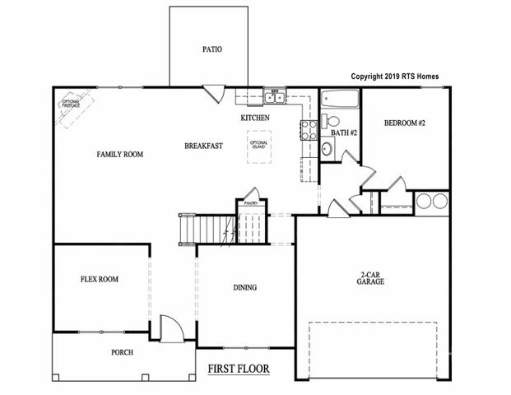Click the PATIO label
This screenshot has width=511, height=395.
(211, 49)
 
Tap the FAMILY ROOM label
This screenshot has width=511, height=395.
(121, 154)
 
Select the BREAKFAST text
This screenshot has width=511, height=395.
(203, 146)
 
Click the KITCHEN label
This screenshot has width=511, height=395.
(255, 118)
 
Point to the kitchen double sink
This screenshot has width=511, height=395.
(274, 99)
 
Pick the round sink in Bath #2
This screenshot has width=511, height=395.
(327, 150)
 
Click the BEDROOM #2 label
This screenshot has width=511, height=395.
(404, 123)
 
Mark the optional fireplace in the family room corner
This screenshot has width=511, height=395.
(71, 108)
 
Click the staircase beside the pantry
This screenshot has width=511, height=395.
(197, 227)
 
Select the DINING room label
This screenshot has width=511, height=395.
(244, 288)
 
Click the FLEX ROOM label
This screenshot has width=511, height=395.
(99, 280)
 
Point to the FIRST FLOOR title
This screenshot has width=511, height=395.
(238, 369)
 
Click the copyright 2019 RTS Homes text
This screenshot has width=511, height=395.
(395, 76)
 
